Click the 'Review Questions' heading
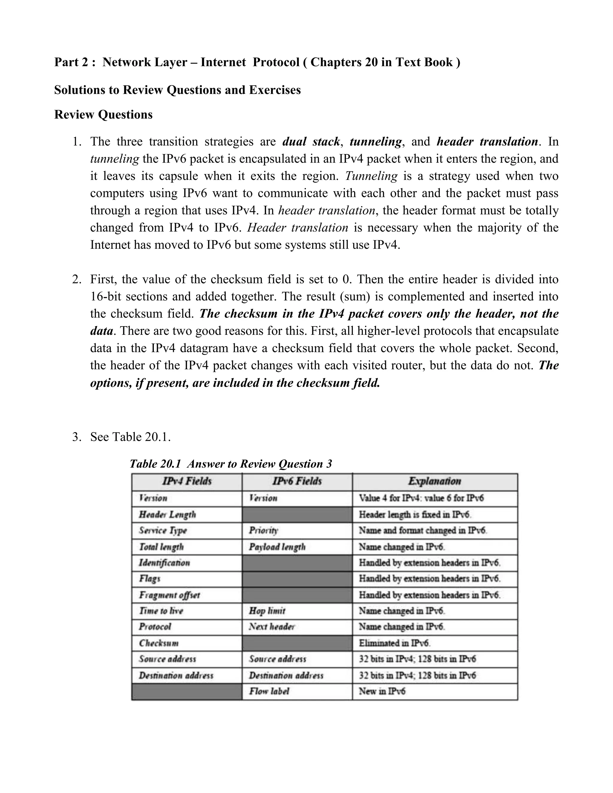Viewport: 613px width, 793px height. tap(103, 115)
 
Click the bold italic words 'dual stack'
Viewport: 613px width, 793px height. tap(311, 142)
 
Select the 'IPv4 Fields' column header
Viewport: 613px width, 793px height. tap(187, 481)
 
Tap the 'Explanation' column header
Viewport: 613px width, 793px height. tap(435, 481)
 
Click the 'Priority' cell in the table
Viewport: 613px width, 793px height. tap(264, 531)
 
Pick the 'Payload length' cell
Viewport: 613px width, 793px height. tap(277, 547)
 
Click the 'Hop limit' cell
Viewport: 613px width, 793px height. tap(267, 611)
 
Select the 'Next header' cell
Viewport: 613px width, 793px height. tap(272, 627)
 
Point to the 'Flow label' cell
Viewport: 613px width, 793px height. tap(269, 691)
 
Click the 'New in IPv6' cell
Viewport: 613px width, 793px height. tap(382, 691)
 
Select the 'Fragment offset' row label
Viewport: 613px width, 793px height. tap(169, 595)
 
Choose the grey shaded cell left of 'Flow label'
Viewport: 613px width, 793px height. tap(187, 691)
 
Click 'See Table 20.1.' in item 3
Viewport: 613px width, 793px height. tap(131, 437)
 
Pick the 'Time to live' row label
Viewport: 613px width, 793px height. tap(161, 611)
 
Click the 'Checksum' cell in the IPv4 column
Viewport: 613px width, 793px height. tap(159, 643)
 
